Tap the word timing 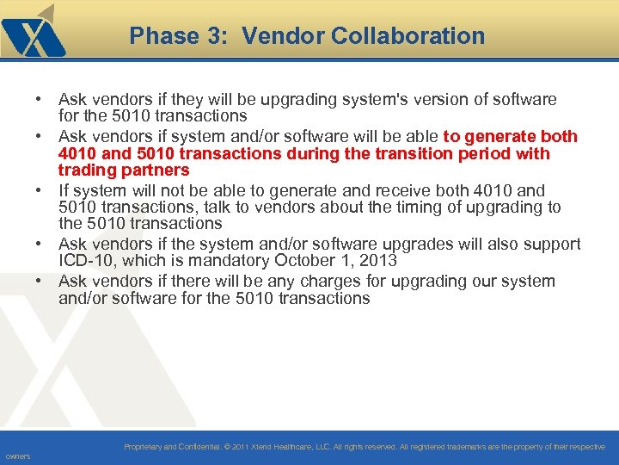432,208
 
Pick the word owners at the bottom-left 17,456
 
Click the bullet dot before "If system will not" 40,190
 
